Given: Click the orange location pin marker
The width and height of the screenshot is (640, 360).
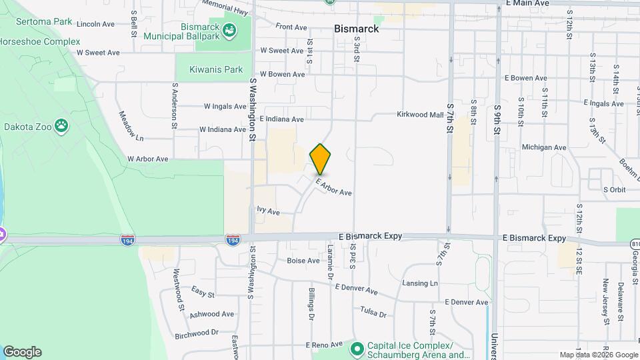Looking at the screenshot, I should click(321, 159).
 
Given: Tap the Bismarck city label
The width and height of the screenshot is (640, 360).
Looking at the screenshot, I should click(356, 29).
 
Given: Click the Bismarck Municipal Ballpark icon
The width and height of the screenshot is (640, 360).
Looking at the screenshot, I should click(230, 31).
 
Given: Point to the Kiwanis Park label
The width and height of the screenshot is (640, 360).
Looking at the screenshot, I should click(215, 69).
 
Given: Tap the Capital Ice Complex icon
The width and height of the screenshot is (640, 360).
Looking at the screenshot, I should click(357, 347).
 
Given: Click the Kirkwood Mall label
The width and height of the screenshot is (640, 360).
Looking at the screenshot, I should click(420, 115).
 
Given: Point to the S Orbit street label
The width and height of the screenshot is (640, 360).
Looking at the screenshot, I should click(614, 189).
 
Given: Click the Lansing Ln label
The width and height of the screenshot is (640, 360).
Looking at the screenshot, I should click(420, 283).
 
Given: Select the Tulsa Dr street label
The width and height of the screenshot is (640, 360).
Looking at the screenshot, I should click(373, 312).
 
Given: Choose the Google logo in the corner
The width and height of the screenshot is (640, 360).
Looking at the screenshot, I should click(22, 352).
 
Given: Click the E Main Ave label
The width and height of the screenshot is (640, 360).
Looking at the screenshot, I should click(527, 3).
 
